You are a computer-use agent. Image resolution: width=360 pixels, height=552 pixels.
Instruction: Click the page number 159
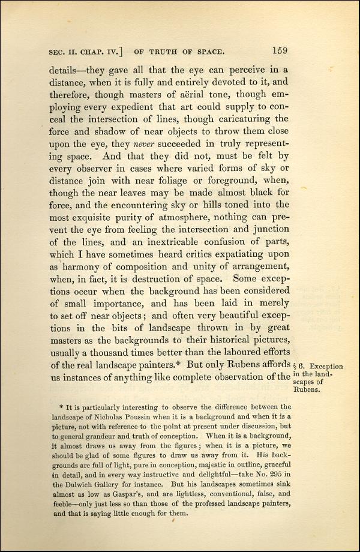tap(280, 50)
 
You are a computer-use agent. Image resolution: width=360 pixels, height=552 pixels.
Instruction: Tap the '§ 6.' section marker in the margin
tap(300, 366)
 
